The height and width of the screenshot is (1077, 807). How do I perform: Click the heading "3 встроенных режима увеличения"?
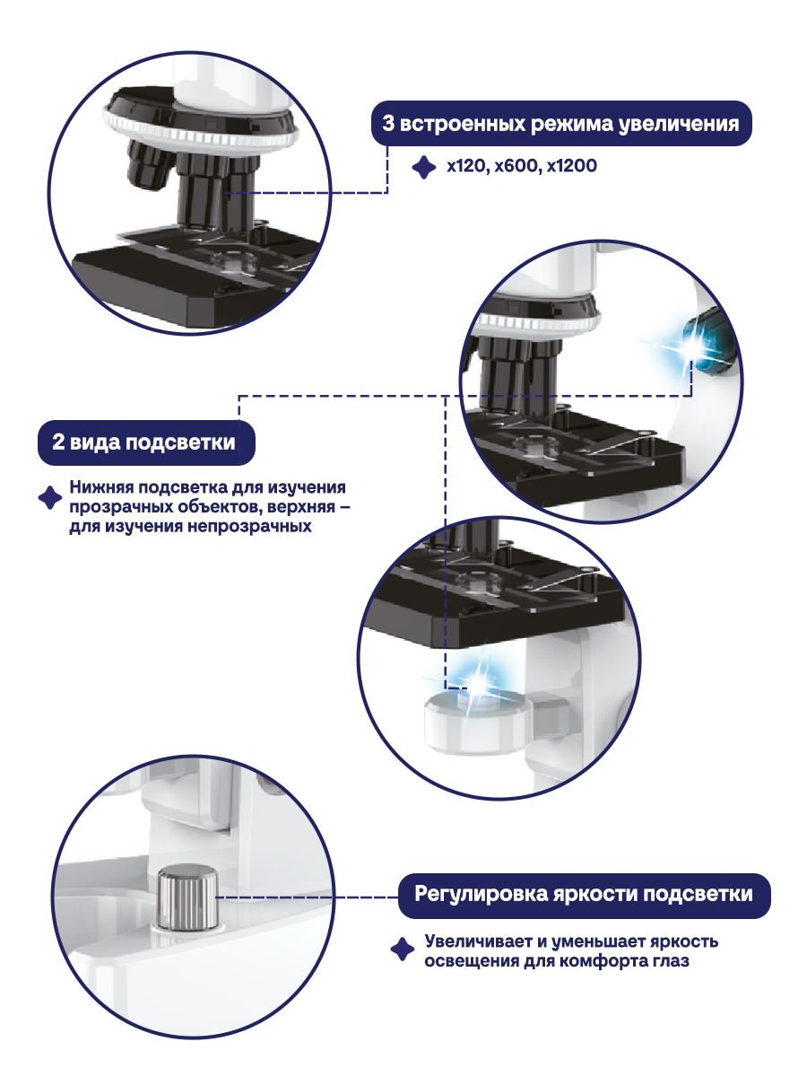pyautogui.click(x=560, y=124)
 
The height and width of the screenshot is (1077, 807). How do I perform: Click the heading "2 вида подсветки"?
pyautogui.click(x=144, y=443)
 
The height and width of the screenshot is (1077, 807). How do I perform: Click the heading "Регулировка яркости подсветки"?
pyautogui.click(x=584, y=895)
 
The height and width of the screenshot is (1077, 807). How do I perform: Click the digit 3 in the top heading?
pyautogui.click(x=389, y=124)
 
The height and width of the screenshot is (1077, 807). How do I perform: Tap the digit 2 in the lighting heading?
pyautogui.click(x=59, y=443)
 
